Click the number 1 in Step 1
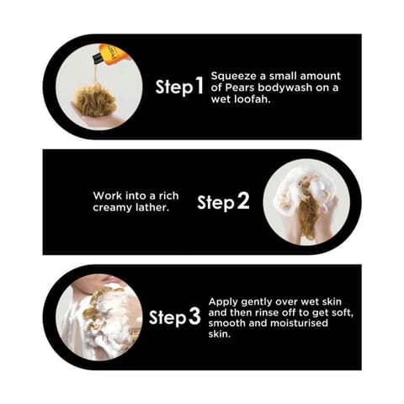[199, 87]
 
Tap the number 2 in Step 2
[243, 201]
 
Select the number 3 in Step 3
[194, 316]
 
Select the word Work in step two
[107, 195]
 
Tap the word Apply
[223, 302]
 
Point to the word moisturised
[299, 323]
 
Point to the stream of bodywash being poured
[96, 73]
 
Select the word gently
[257, 303]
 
